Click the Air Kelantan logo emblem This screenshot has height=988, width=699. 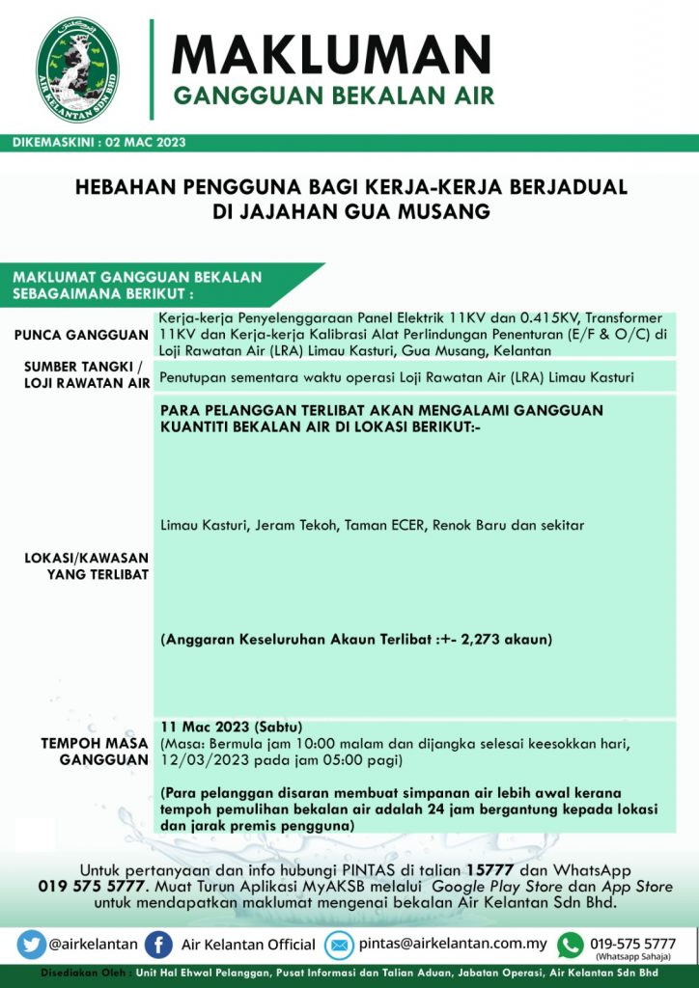coord(77,69)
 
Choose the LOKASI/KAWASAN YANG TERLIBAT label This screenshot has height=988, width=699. coord(85,566)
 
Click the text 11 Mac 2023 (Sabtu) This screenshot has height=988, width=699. coord(232,726)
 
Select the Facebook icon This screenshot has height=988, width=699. coord(157,944)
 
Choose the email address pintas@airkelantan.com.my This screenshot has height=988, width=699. coord(452,944)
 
